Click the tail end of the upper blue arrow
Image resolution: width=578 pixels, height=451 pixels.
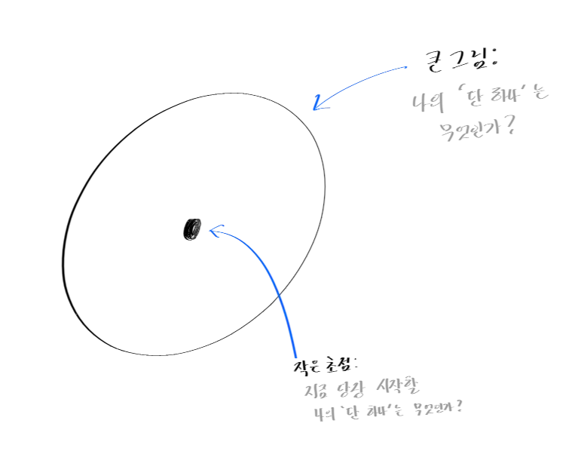(x=408, y=67)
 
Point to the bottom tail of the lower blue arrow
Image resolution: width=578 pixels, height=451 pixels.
(x=298, y=358)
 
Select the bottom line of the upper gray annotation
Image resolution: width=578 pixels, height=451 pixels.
(x=479, y=130)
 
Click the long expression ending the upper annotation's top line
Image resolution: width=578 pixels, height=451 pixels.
(x=506, y=95)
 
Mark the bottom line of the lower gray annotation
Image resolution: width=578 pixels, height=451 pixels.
(x=388, y=410)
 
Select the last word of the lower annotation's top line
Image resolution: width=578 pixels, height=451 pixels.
(x=395, y=386)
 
